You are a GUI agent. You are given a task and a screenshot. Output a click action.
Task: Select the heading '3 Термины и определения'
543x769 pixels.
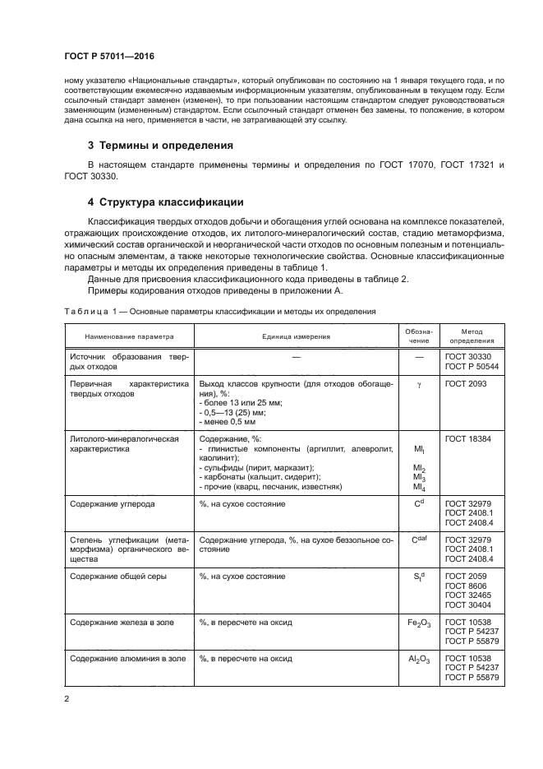161,146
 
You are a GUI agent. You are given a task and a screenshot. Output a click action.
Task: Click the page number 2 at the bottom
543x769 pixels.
66,699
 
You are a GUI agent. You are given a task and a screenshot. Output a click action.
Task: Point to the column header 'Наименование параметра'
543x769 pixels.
128,336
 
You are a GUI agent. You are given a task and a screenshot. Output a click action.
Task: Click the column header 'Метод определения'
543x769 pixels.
472,336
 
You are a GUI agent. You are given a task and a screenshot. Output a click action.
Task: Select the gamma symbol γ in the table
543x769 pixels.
419,384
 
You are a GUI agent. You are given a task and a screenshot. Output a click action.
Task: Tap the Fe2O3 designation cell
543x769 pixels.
419,623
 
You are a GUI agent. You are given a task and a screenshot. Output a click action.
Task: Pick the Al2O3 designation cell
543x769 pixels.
419,660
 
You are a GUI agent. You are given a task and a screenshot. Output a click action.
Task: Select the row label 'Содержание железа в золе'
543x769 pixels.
126,623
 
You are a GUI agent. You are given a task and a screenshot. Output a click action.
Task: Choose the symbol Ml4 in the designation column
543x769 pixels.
419,487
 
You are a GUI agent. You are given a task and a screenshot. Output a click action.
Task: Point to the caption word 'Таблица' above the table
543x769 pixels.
85,312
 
